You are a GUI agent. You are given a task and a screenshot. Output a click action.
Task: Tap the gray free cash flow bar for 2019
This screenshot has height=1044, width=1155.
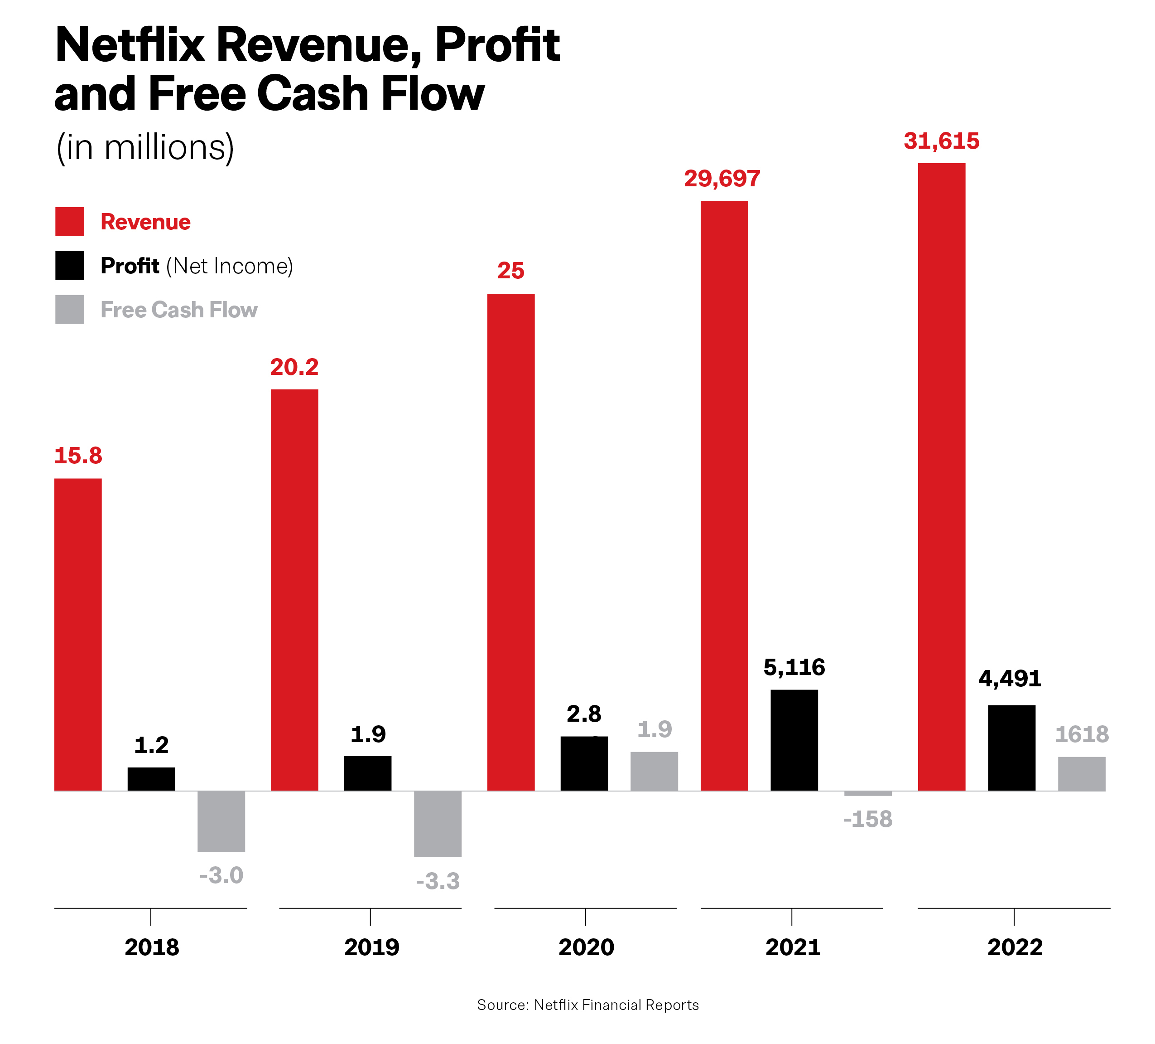click(438, 824)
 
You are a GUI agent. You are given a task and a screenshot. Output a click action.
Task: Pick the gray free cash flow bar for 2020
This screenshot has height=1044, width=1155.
click(654, 771)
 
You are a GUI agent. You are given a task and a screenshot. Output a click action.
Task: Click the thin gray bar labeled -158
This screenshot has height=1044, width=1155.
click(868, 793)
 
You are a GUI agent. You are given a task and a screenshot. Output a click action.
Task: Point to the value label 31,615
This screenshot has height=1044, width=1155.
click(941, 141)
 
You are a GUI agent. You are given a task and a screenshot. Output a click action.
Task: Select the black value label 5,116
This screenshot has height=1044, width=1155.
click(794, 667)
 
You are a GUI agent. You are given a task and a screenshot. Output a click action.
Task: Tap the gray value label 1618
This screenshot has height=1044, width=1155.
click(1082, 734)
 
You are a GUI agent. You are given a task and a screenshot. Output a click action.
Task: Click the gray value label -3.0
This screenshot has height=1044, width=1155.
click(221, 875)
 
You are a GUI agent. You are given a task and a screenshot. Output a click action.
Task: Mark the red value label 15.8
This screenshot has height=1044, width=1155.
click(78, 456)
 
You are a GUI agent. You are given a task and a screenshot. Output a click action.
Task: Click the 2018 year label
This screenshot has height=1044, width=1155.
click(152, 947)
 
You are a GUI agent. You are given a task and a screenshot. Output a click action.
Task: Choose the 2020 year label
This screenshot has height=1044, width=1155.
click(586, 947)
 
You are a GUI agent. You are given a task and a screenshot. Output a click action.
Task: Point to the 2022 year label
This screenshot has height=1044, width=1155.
click(1015, 947)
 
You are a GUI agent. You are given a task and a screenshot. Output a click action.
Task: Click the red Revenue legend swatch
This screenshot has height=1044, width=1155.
click(69, 221)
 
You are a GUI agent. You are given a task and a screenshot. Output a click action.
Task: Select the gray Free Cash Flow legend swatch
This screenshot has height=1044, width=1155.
click(69, 310)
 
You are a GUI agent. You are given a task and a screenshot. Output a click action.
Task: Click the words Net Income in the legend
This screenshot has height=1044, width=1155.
click(229, 266)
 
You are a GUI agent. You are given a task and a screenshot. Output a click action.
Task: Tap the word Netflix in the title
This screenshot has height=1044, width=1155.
click(130, 45)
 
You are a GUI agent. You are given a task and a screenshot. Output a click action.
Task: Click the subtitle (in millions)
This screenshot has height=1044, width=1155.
click(145, 147)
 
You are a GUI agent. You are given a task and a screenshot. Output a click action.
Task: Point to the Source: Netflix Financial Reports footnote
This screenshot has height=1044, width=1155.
click(588, 1005)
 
